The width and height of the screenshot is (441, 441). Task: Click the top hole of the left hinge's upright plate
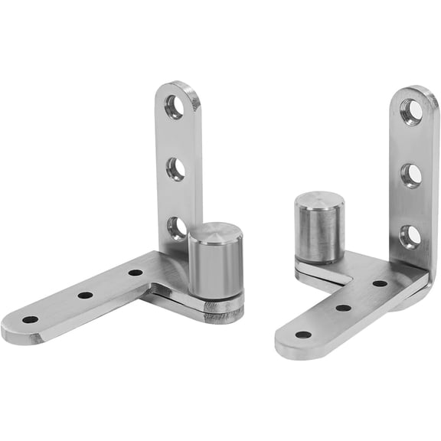click(x=175, y=107)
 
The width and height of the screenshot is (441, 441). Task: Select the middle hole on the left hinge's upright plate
click(x=175, y=168)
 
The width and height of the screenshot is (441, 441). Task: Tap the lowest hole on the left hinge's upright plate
click(x=177, y=227)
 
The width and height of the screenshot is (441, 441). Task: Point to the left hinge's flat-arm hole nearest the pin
click(x=136, y=272)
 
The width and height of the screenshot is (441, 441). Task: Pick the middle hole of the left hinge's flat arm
click(x=85, y=295)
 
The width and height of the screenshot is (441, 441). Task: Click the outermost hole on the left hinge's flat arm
click(x=30, y=319)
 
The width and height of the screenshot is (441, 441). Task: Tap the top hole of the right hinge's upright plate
click(x=412, y=113)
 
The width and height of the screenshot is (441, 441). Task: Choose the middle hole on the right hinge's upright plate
click(x=411, y=175)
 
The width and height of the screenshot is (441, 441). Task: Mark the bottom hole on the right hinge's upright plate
click(x=410, y=237)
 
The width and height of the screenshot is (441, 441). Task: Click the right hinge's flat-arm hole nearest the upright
click(x=380, y=283)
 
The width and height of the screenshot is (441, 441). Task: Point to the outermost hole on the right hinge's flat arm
click(x=303, y=335)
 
